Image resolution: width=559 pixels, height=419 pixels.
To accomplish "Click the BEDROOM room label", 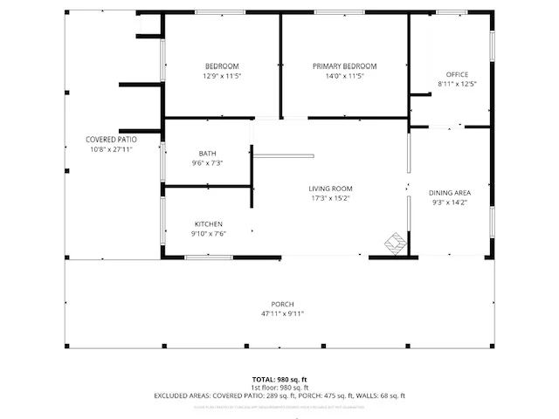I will [x=222, y=66].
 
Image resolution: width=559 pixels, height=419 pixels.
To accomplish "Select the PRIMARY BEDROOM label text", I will [x=344, y=66].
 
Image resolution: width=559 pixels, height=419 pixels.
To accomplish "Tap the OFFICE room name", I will [x=457, y=74].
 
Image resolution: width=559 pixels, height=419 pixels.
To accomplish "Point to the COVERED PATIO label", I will [x=111, y=140].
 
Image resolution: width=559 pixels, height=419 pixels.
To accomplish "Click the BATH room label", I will [x=207, y=154].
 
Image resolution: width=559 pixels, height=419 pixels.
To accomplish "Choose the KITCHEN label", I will [x=208, y=224].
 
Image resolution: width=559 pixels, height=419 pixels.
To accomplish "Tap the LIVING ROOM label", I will [x=330, y=189].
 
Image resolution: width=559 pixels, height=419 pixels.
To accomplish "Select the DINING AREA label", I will [x=450, y=193].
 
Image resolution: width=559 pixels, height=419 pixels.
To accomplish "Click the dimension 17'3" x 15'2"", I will [x=330, y=198].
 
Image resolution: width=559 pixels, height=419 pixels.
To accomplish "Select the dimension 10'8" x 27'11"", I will [x=111, y=149].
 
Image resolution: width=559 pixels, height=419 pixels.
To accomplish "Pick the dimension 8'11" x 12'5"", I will [x=457, y=84].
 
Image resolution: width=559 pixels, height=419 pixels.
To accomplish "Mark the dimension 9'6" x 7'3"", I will [x=207, y=163].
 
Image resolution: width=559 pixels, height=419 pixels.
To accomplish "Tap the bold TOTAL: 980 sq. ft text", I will [x=279, y=380].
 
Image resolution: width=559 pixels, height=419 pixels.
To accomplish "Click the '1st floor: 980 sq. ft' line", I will [x=279, y=388].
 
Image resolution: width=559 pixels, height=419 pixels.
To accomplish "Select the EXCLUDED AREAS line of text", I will [x=279, y=395].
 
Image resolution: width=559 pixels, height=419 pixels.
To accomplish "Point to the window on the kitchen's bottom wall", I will [x=208, y=258].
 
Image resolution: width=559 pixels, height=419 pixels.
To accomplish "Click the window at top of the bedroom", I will [x=220, y=12].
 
